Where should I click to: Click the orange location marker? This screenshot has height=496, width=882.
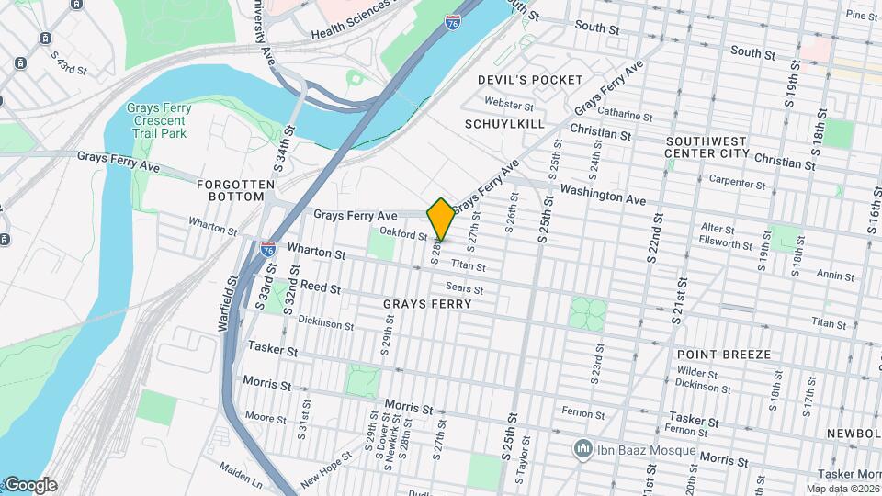click(441, 218)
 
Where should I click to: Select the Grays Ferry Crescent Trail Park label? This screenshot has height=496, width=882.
click(160, 120)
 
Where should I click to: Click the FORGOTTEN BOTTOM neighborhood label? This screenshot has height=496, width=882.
click(235, 190)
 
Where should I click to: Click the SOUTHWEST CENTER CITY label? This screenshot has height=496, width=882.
click(707, 146)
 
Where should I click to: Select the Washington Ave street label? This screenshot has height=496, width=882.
click(603, 195)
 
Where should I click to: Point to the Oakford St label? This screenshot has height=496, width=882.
click(403, 234)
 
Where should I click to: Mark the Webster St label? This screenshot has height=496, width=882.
click(509, 104)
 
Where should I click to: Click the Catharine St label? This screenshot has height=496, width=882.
click(624, 116)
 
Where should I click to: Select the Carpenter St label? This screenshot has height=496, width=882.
click(739, 184)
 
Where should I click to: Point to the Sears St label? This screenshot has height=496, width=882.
click(464, 288)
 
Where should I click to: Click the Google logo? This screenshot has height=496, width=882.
click(29, 485)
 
